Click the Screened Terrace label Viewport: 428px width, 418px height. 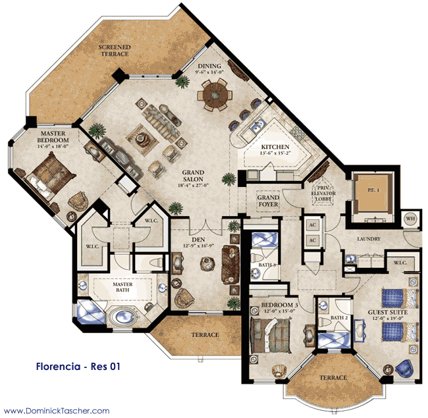point(114,51)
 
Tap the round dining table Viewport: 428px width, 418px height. point(215,97)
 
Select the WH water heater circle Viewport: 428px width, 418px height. point(410,219)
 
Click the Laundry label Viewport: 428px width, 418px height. point(369,239)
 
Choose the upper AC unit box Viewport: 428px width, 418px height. point(312,225)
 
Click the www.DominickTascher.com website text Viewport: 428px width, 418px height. point(55,410)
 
